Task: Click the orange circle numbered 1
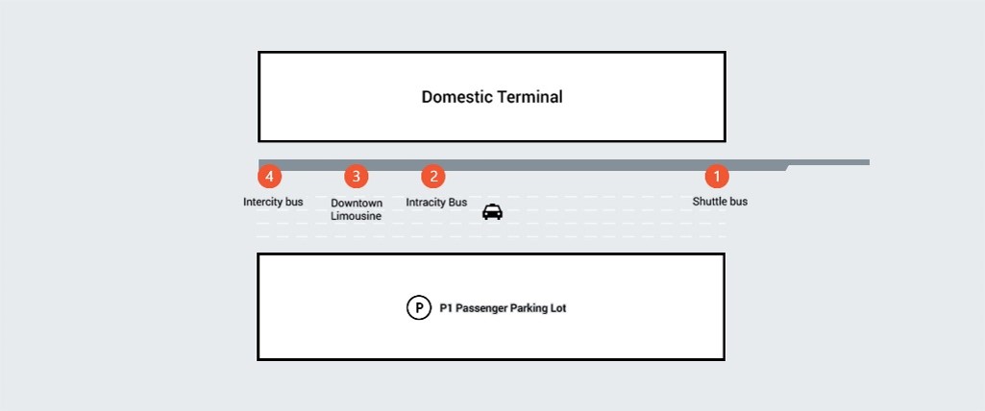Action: [x=717, y=177]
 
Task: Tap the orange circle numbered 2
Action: [x=432, y=177]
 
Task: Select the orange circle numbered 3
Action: [x=357, y=177]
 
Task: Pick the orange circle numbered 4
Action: [x=269, y=177]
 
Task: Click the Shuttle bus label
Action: [x=720, y=202]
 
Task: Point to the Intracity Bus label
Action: [x=436, y=202]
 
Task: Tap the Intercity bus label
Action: [x=273, y=202]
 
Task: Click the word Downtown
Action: [x=357, y=204]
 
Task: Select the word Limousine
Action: [x=357, y=216]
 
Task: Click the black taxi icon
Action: [x=492, y=211]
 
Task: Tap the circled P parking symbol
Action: [x=419, y=308]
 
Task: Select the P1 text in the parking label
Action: [x=445, y=308]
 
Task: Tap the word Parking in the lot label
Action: [x=529, y=308]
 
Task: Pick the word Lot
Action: [x=559, y=308]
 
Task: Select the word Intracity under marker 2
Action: [x=426, y=202]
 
